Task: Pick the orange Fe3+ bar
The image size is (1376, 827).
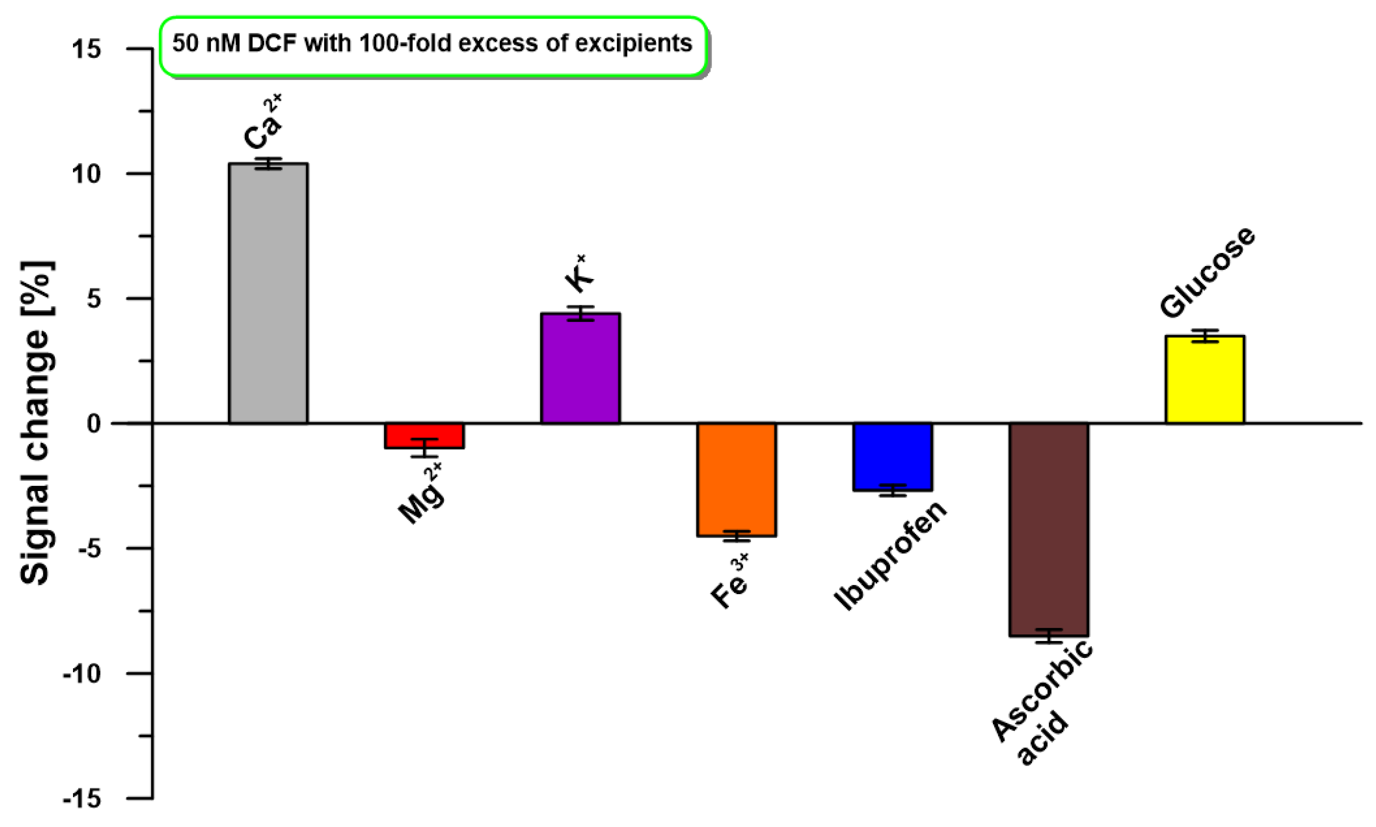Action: tap(736, 480)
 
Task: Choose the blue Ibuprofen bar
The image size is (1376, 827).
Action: tap(892, 457)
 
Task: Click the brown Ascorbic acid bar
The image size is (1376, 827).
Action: tap(1048, 529)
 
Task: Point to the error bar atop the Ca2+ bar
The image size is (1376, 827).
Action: tap(268, 163)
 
